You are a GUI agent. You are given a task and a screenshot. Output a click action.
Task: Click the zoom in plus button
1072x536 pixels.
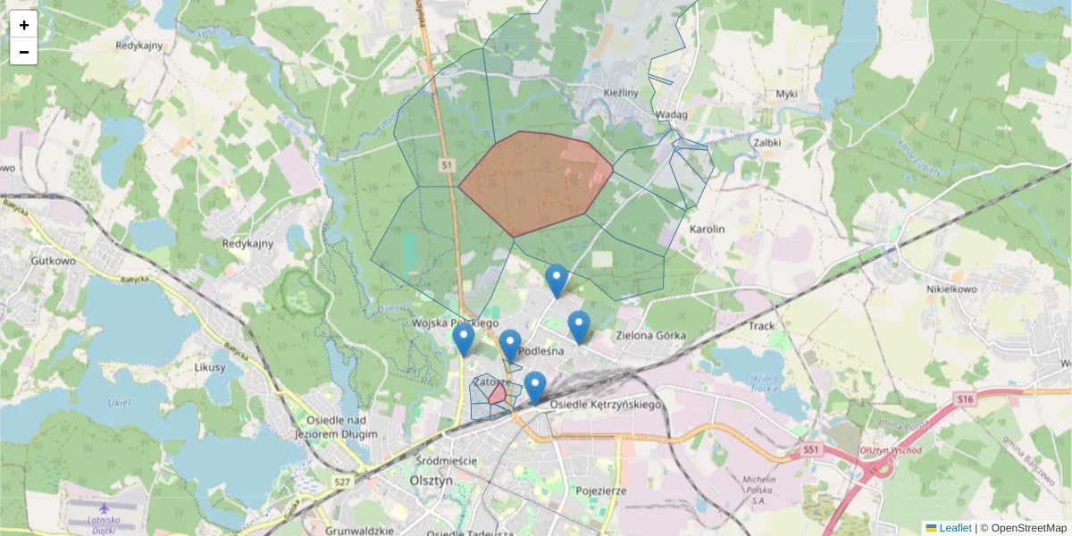click(x=24, y=25)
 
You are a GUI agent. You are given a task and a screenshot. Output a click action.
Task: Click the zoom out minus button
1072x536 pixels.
click(x=24, y=52)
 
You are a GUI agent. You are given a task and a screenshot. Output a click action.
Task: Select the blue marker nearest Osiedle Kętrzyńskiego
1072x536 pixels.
click(x=534, y=387)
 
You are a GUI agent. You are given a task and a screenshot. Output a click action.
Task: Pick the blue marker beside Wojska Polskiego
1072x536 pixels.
click(x=463, y=339)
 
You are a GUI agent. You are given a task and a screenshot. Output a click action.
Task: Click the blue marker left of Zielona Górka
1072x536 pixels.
click(x=579, y=326)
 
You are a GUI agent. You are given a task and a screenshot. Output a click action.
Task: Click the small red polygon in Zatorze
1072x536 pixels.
click(x=498, y=396)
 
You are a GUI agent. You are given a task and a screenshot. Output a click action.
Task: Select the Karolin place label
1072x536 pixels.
click(x=707, y=230)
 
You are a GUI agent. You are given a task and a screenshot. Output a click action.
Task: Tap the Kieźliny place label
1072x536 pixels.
click(x=620, y=92)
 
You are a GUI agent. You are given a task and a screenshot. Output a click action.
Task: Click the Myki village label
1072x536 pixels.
click(x=786, y=94)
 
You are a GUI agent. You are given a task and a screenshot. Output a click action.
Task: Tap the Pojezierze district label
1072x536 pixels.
click(x=601, y=490)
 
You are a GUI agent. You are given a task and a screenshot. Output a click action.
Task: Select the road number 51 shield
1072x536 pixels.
click(x=448, y=165)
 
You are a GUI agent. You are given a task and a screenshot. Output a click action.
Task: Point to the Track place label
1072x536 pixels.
click(x=762, y=326)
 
